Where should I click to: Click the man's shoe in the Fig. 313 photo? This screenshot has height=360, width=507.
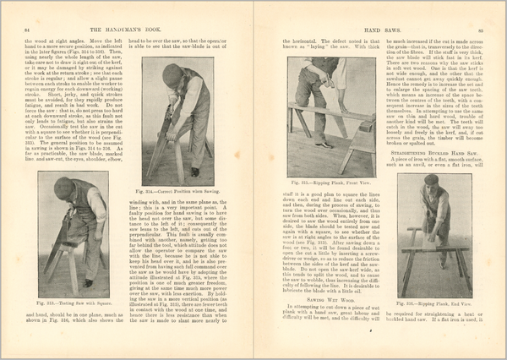tap(88, 283)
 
